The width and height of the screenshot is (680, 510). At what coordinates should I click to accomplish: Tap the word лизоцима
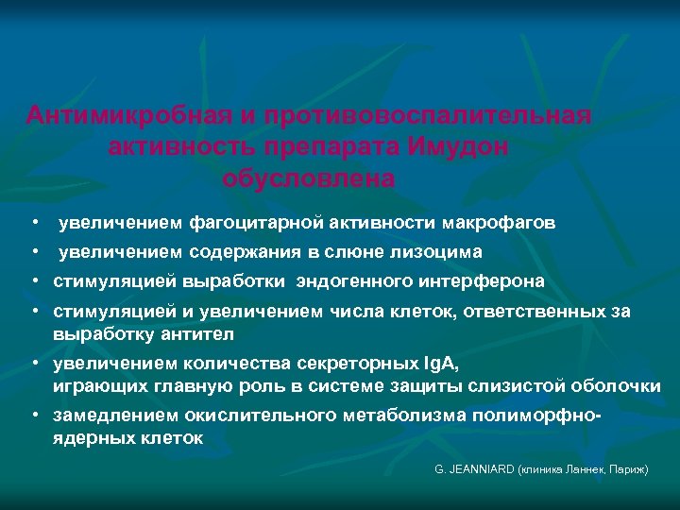click(x=440, y=252)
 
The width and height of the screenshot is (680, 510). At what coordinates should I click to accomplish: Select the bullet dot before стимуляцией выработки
click(x=34, y=281)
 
